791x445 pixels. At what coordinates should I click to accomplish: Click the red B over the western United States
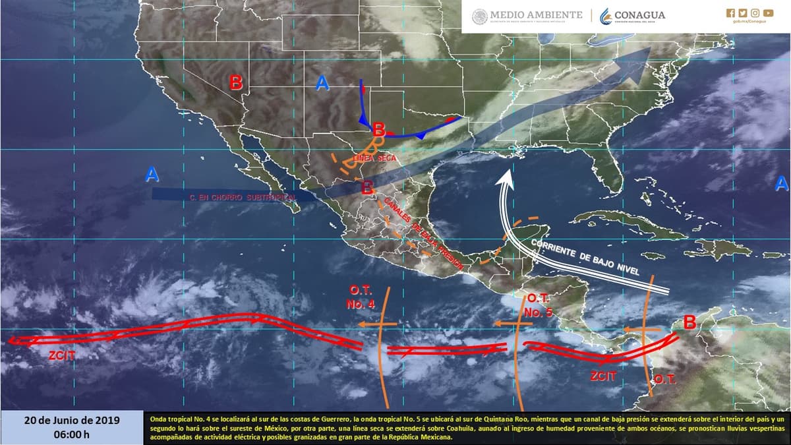tap(235, 82)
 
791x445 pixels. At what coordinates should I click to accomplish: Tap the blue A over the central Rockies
tap(322, 83)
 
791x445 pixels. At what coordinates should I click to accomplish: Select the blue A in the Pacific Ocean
tap(152, 175)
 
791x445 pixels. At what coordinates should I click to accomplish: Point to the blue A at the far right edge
tap(782, 183)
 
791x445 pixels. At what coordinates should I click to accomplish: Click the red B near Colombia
tap(689, 322)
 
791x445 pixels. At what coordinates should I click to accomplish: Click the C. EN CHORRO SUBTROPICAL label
tap(242, 197)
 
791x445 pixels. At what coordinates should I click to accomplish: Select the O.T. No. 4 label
tap(361, 298)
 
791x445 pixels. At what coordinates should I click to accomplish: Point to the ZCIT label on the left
tap(62, 355)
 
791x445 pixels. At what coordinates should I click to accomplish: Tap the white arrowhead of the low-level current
tap(505, 179)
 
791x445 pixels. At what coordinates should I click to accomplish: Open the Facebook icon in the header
tap(730, 13)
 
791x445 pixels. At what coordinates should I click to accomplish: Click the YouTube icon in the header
tap(769, 13)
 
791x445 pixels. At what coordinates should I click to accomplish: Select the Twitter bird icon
tap(743, 13)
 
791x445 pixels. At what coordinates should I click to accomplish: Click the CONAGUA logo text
tap(639, 15)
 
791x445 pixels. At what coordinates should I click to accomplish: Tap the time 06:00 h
tap(71, 434)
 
